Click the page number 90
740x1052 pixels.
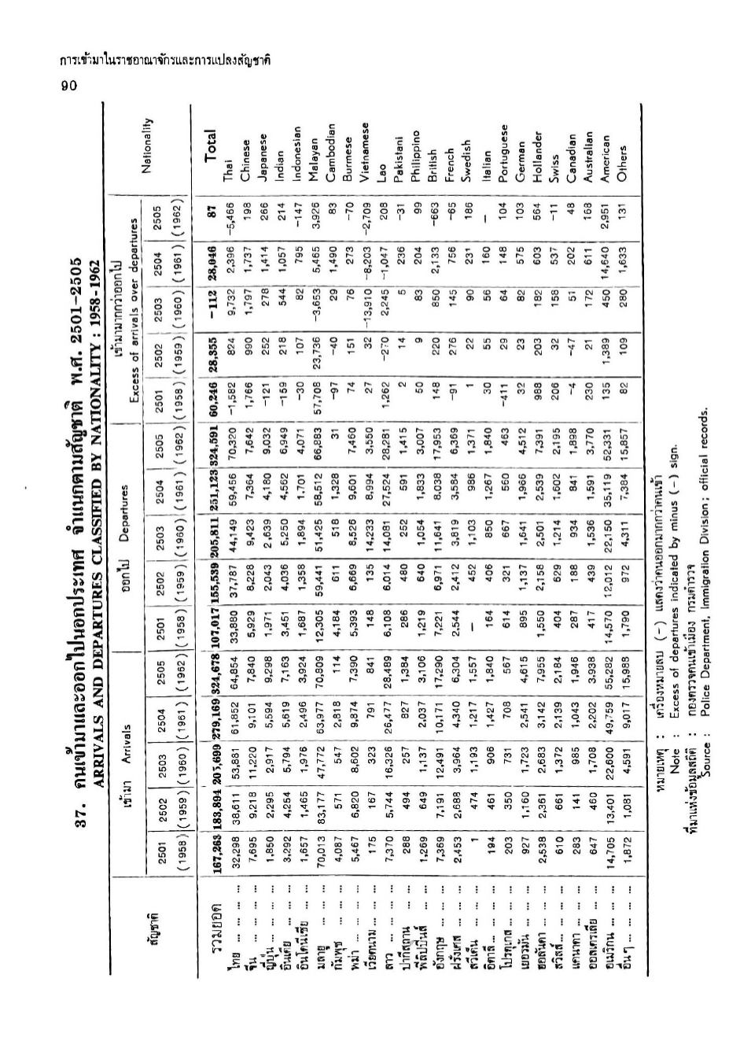(x=68, y=86)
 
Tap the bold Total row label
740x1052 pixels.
(x=210, y=146)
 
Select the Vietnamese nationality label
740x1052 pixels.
(x=364, y=153)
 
